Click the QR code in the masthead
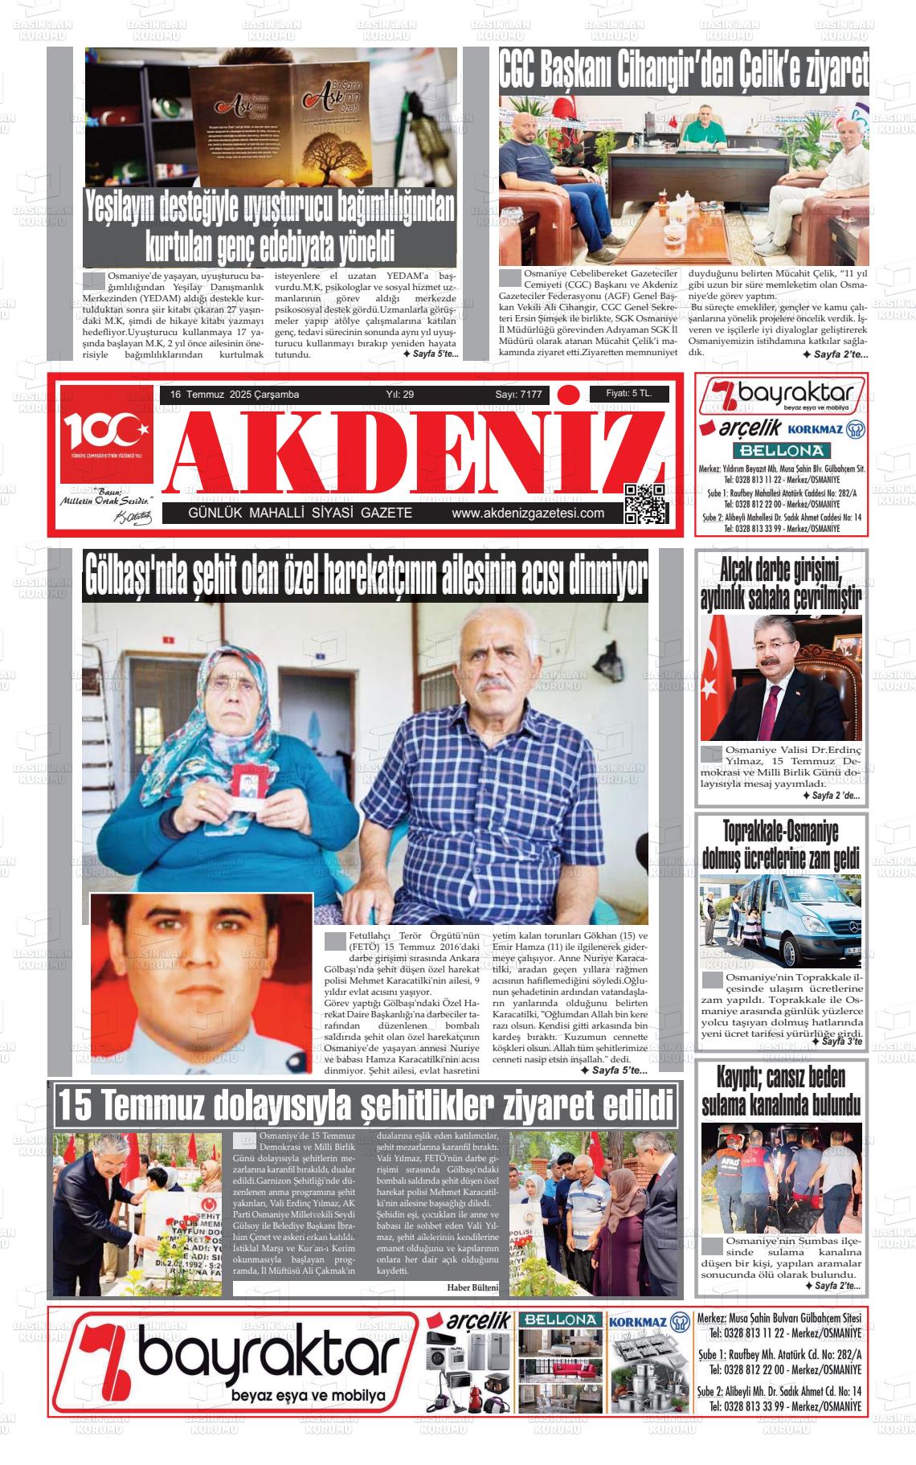[645, 504]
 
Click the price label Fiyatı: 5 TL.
[628, 394]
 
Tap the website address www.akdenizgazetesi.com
[527, 514]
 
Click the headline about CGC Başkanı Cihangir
[683, 72]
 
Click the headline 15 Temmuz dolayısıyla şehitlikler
[366, 1106]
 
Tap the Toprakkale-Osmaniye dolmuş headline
[780, 844]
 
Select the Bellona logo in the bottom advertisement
[559, 1320]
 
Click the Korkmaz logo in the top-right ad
[820, 429]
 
